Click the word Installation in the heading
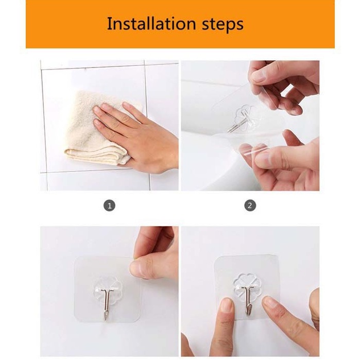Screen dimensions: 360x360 (x=151, y=24)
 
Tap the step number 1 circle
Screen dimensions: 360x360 (x=109, y=205)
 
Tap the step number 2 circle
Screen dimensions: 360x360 (x=250, y=205)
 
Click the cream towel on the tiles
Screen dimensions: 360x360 (x=96, y=129)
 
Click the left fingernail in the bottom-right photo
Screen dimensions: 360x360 (x=227, y=305)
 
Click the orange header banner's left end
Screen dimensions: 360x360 (x=26, y=24)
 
